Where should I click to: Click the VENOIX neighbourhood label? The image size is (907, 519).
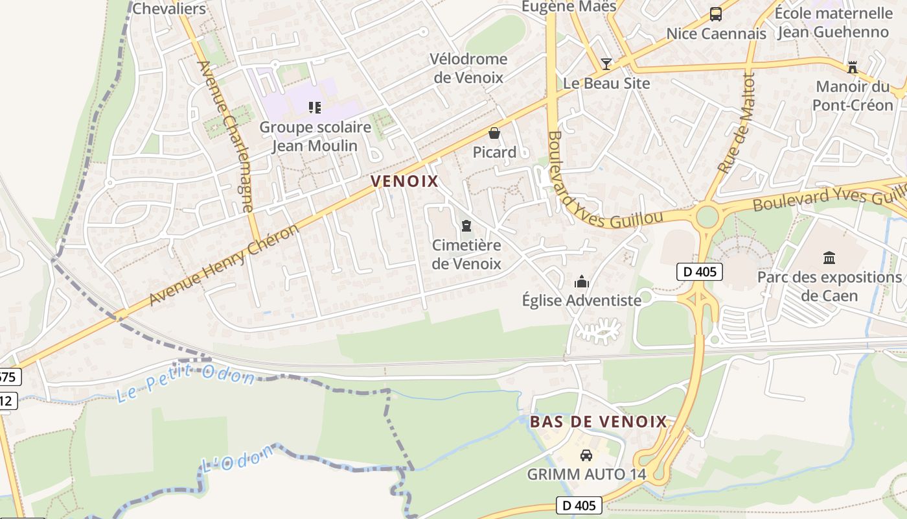click(405, 181)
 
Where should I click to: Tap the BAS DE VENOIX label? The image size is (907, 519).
click(598, 422)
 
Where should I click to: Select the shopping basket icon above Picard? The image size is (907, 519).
click(494, 133)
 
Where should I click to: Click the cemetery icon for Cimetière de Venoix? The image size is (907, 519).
click(466, 226)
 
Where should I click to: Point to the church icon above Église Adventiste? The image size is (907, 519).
click(582, 282)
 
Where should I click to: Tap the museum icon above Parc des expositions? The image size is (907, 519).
click(829, 258)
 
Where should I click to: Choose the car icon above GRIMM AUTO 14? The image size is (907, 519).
click(586, 455)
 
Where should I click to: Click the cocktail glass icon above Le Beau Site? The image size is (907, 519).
click(606, 64)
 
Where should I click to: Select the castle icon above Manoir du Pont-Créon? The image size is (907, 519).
click(852, 67)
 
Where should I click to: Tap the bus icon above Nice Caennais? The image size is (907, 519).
click(716, 14)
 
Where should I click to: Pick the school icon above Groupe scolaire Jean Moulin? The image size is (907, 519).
click(315, 107)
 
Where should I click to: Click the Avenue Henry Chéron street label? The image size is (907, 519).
click(225, 265)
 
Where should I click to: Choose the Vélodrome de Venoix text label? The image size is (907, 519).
click(468, 68)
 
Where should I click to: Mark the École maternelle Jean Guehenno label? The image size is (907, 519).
click(833, 22)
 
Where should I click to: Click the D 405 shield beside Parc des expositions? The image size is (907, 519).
click(699, 271)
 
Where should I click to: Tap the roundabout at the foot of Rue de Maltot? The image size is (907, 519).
click(707, 215)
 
